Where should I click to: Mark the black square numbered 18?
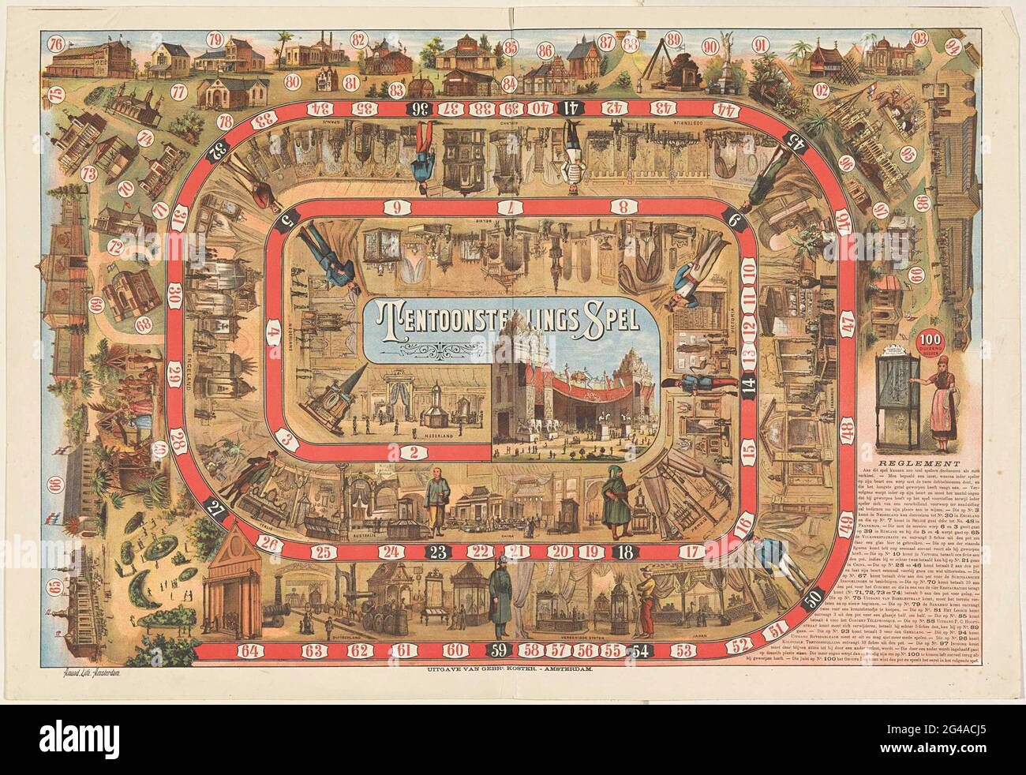coord(626,552)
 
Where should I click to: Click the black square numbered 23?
coord(438,552)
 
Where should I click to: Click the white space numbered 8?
coord(623,208)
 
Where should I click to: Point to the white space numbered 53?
coord(685,650)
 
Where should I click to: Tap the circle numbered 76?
coord(56,43)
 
